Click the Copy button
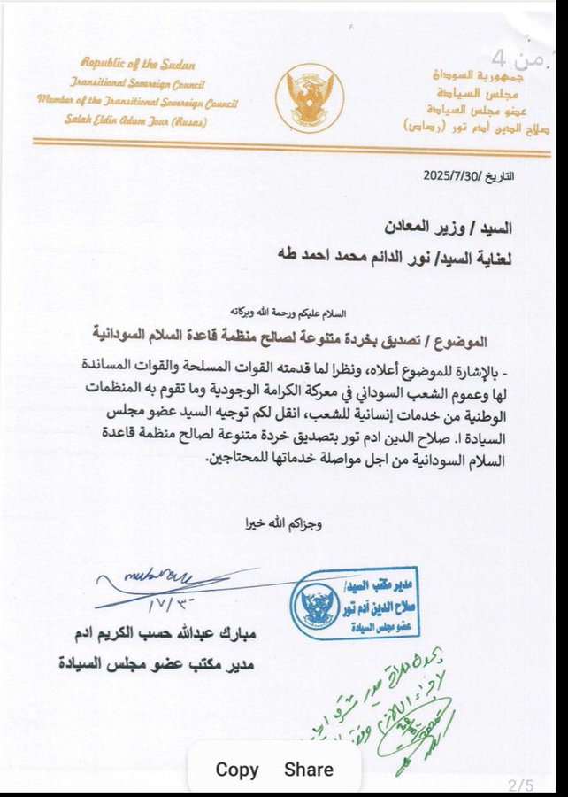[237, 770]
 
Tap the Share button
[309, 770]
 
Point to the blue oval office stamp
[353, 602]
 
